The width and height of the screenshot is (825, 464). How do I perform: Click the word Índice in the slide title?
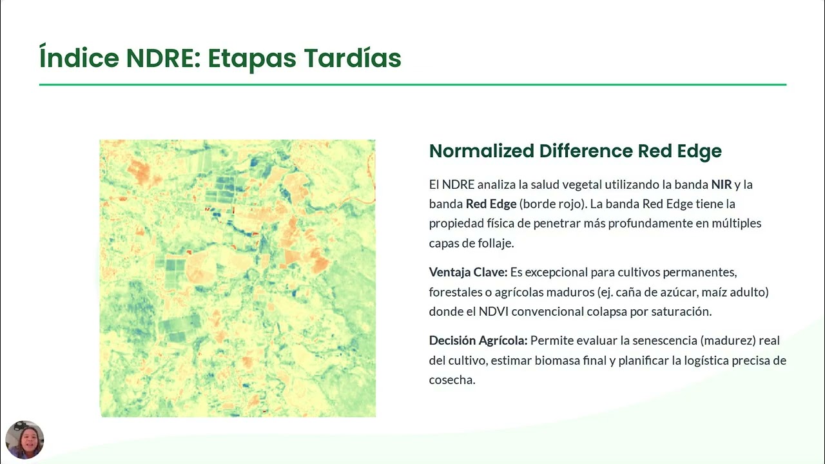tap(79, 58)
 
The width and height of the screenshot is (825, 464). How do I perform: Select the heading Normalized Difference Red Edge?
tap(575, 151)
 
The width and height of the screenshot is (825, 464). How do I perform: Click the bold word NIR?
tap(721, 184)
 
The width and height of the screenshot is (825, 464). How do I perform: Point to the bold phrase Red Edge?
tap(491, 204)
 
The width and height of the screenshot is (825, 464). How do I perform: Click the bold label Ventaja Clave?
tap(468, 272)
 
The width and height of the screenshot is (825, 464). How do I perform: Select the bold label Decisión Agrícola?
tap(478, 340)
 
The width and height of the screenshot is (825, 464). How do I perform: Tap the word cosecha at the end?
tap(451, 380)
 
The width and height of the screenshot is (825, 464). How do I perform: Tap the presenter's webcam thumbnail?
tap(24, 440)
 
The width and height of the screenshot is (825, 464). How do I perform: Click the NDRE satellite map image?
tap(237, 278)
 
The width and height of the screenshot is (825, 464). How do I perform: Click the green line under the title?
tap(412, 84)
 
